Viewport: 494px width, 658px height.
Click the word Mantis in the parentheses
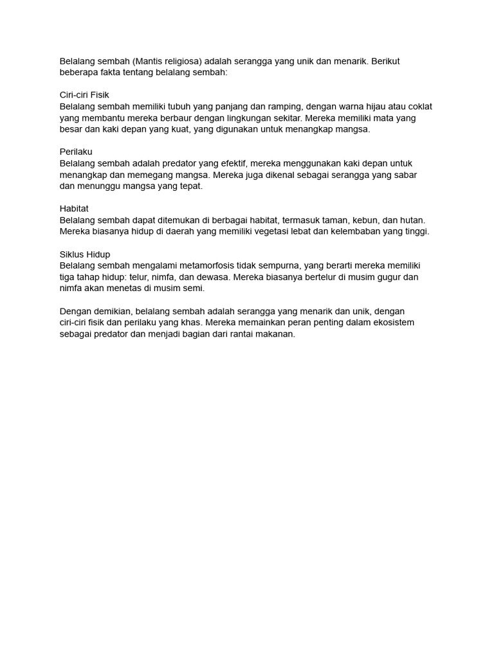coord(150,61)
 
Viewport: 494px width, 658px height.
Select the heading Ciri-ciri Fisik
coord(84,94)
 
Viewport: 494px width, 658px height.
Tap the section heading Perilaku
coord(76,152)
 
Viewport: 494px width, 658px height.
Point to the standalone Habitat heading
coord(74,209)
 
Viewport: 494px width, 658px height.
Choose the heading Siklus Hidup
coord(85,254)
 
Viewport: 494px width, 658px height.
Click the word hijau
coord(380,107)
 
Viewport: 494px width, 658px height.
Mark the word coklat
coord(417,107)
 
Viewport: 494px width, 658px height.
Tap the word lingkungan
coord(243,118)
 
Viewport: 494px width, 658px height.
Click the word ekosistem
coord(390,323)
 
